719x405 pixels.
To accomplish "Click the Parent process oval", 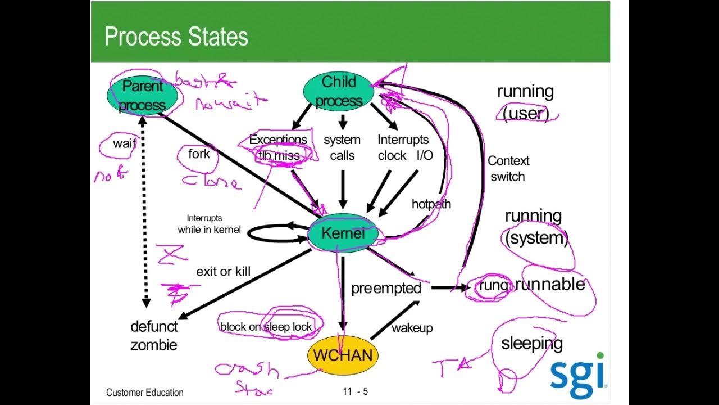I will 142,95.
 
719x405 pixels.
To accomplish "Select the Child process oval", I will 339,91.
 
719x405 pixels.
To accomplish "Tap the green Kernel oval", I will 342,233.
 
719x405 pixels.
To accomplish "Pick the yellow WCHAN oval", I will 343,355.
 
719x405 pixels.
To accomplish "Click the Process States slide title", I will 176,37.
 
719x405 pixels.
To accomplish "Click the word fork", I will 199,154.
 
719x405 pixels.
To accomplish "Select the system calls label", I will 342,147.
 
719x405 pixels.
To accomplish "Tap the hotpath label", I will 431,204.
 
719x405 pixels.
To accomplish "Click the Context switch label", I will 508,168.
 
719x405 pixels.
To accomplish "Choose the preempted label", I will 386,288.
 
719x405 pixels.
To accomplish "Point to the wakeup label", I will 412,327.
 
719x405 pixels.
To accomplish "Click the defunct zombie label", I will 154,335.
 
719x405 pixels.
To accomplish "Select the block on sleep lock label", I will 266,327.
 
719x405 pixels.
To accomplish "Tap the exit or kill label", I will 223,272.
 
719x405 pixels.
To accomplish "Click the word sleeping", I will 531,343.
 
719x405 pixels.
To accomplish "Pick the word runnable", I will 550,284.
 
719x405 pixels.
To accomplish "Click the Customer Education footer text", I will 144,392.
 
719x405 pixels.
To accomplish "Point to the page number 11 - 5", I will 355,391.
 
